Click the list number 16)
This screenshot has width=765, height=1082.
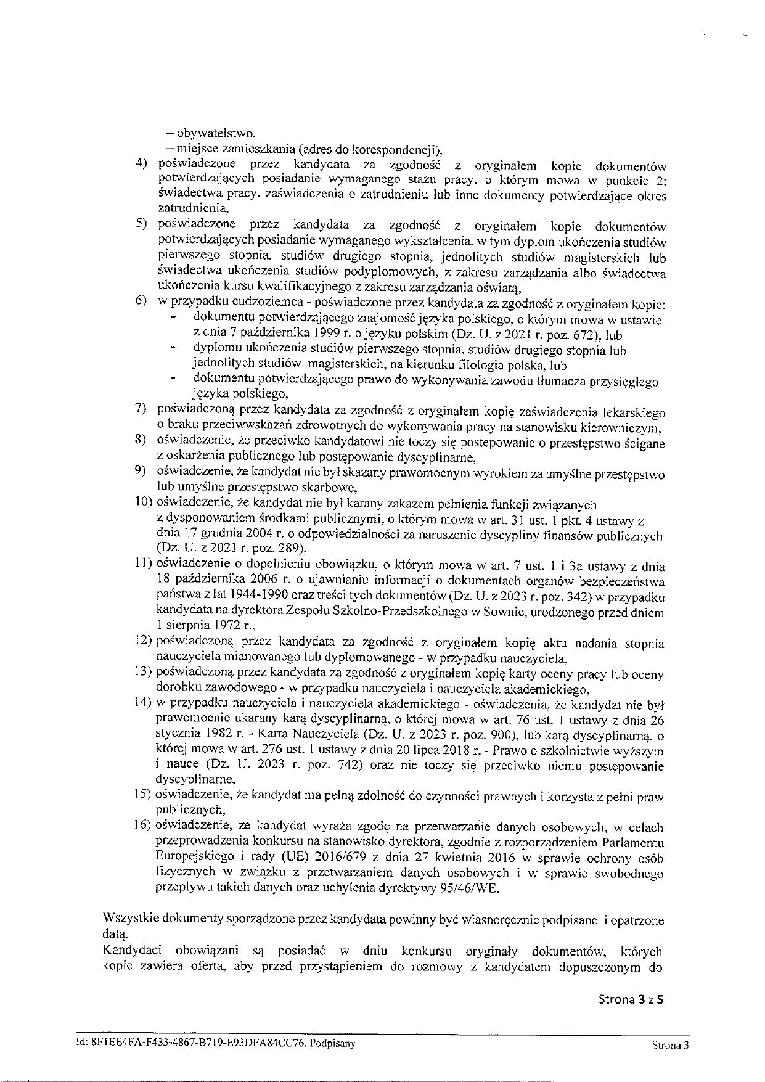145,826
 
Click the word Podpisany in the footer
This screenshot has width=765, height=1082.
333,1043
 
